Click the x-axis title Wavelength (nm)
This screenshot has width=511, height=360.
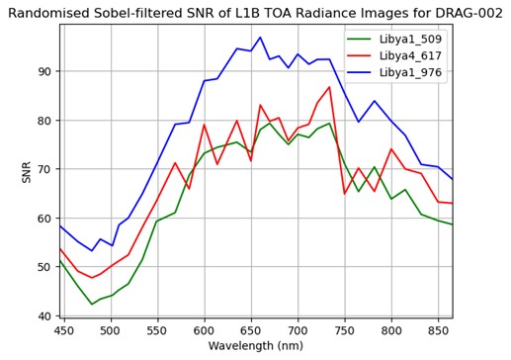pos(256,347)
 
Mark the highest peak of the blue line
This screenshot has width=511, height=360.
pos(260,38)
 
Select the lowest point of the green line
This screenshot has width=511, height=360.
pos(92,304)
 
